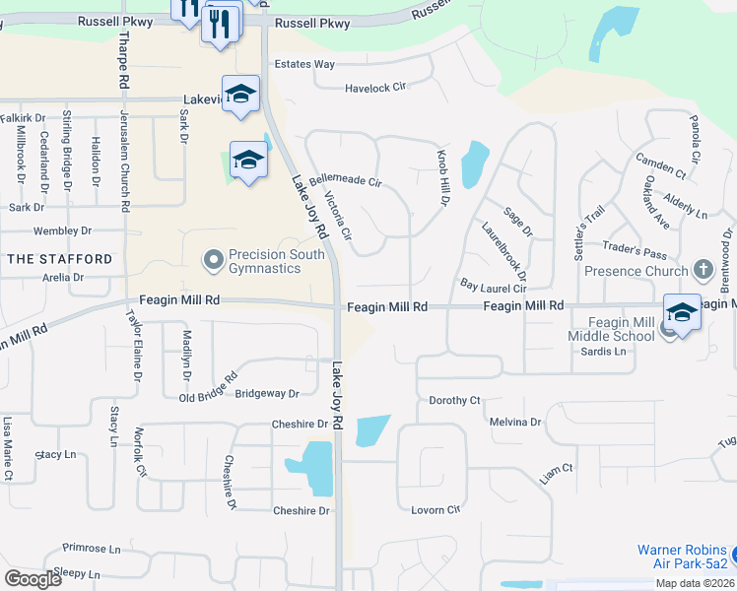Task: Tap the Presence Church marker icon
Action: pyautogui.click(x=703, y=269)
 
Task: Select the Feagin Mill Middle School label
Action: pyautogui.click(x=621, y=329)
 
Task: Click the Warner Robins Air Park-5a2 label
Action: pyautogui.click(x=682, y=557)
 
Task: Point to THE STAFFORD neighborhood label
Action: pyautogui.click(x=60, y=259)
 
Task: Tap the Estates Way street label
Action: pyautogui.click(x=304, y=65)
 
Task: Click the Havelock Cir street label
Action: pyautogui.click(x=375, y=89)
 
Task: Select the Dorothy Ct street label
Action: pyautogui.click(x=454, y=401)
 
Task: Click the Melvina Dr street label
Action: pyautogui.click(x=515, y=423)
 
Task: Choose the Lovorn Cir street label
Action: pyautogui.click(x=435, y=510)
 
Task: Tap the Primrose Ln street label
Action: pyautogui.click(x=91, y=549)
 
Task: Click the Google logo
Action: pyautogui.click(x=33, y=579)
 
